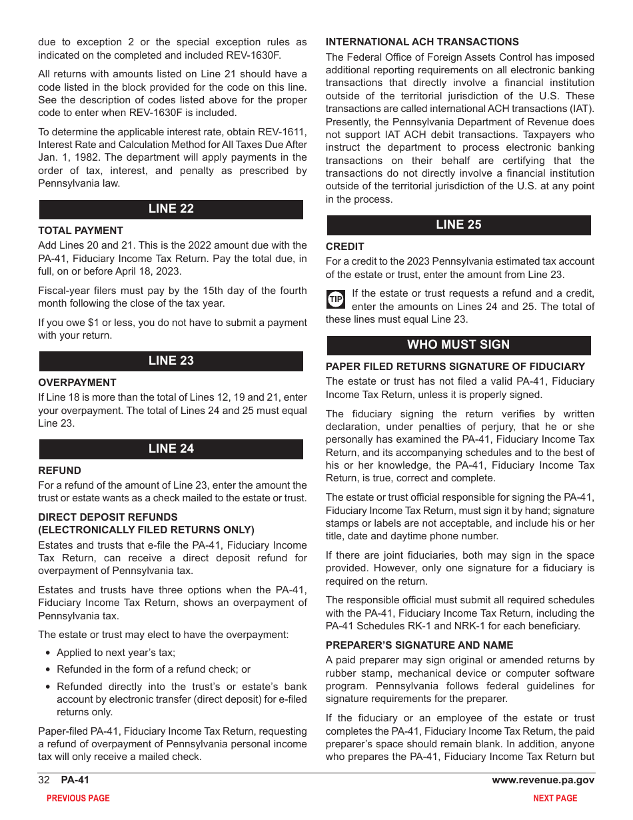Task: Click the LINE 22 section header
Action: (x=171, y=209)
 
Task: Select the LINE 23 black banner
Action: (x=171, y=361)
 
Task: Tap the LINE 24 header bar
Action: (x=171, y=449)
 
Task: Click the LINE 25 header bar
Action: (x=458, y=225)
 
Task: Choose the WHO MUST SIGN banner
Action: (x=458, y=345)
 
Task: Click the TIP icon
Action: (x=336, y=299)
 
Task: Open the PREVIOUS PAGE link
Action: (x=78, y=798)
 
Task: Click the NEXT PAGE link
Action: (x=555, y=798)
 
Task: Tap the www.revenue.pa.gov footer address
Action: (x=543, y=780)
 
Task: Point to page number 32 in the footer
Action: (x=44, y=780)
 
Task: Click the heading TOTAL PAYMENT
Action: (x=81, y=231)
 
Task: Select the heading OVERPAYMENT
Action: (x=77, y=383)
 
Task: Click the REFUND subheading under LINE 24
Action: (x=59, y=471)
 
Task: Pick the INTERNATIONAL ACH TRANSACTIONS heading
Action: (x=422, y=41)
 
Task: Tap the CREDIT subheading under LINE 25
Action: (x=344, y=247)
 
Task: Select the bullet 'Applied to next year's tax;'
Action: (x=116, y=653)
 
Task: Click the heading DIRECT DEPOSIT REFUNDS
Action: (x=108, y=517)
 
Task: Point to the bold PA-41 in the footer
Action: (x=75, y=780)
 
